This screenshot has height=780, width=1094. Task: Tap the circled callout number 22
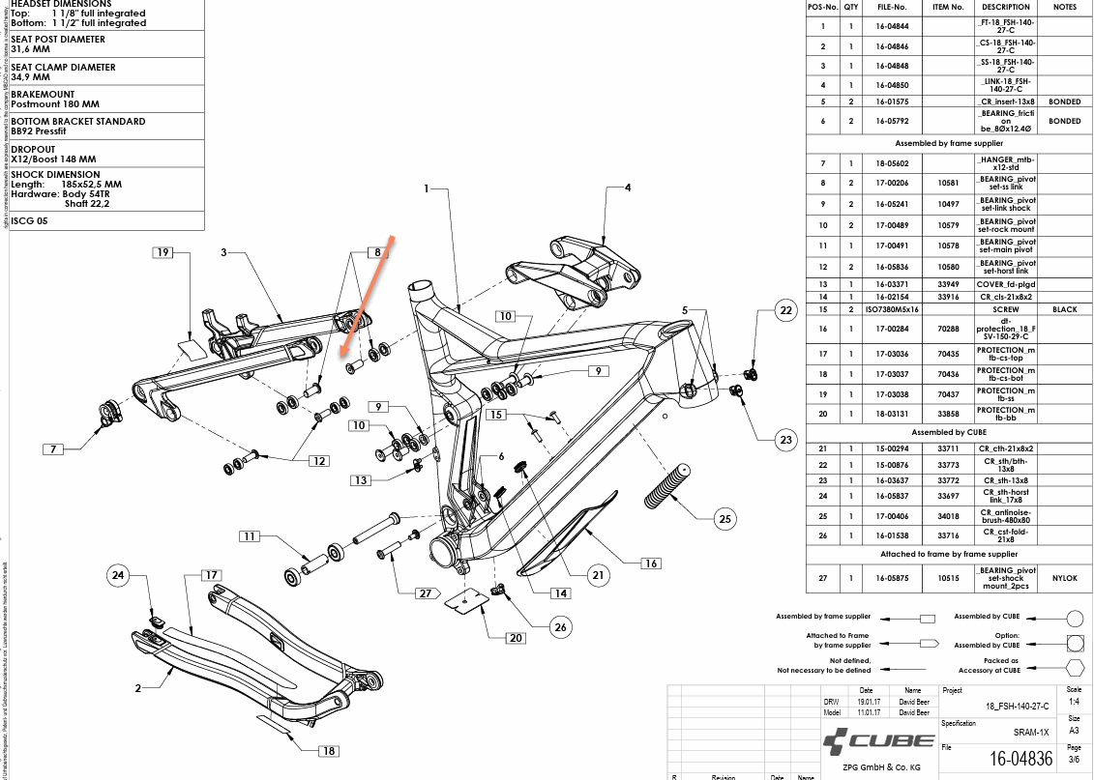pos(785,310)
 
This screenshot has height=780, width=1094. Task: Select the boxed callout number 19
pos(163,253)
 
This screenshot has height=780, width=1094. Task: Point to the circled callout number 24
pos(119,576)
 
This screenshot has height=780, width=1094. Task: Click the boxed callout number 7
pos(55,448)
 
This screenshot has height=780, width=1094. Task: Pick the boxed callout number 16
pos(651,563)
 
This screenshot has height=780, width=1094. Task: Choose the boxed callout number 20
pos(516,638)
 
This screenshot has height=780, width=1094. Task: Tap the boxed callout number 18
pos(329,751)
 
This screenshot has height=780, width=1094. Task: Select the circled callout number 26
pos(560,627)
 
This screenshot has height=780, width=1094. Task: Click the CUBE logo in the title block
pos(878,742)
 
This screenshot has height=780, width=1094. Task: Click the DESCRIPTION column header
pos(1005,7)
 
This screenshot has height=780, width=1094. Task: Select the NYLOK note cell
pos(1064,578)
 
